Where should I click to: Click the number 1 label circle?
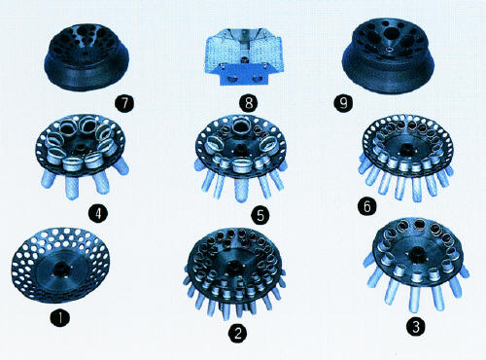(60, 317)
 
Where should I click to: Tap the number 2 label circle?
(238, 333)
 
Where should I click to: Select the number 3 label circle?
(417, 325)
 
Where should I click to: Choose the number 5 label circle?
(260, 215)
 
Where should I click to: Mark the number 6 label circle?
(367, 205)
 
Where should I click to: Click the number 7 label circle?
(124, 103)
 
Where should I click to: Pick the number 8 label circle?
(249, 103)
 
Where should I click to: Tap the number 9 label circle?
(343, 103)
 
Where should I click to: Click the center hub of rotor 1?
(60, 269)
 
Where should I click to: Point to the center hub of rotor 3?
(418, 253)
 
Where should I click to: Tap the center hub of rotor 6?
(407, 148)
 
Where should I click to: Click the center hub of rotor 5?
(240, 149)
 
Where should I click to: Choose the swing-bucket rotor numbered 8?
(244, 57)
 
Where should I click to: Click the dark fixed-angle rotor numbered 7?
(87, 56)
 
